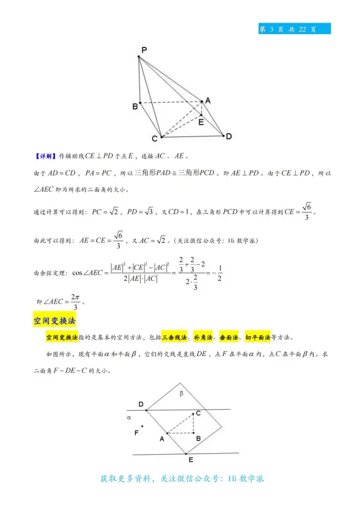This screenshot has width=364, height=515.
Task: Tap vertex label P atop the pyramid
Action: coord(143,50)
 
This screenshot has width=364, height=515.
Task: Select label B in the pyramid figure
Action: coord(135,106)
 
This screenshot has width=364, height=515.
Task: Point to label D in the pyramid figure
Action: coord(228,136)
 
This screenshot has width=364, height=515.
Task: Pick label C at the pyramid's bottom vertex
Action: coord(155,139)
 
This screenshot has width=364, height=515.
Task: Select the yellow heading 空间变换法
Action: coord(54,321)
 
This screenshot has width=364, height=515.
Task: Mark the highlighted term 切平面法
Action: coord(258,337)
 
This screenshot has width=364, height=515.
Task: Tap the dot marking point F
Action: coord(142,426)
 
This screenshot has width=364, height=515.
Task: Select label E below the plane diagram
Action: coord(190,459)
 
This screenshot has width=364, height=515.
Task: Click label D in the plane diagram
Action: coord(141,405)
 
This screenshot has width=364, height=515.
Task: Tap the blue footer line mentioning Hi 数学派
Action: coord(182,479)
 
